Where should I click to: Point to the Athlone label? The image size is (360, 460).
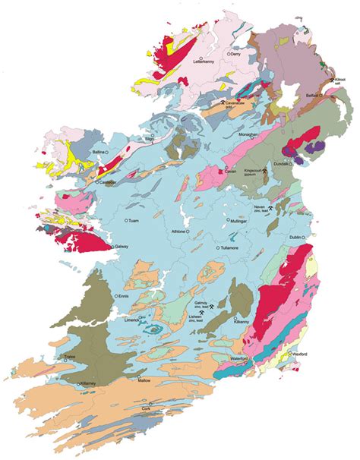178,232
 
